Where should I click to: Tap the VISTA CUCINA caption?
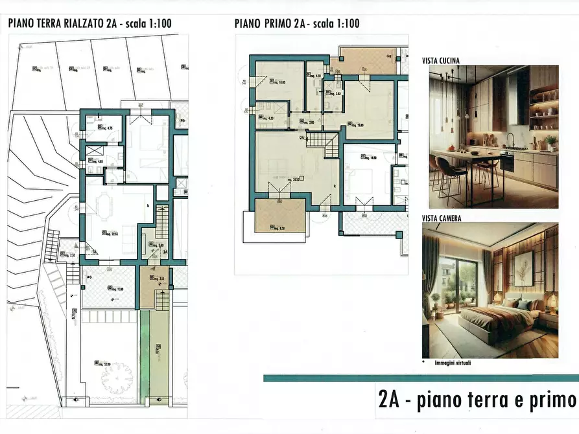pyautogui.click(x=441, y=60)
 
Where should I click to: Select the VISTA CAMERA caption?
pyautogui.click(x=442, y=218)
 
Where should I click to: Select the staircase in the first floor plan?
pyautogui.click(x=324, y=143)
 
